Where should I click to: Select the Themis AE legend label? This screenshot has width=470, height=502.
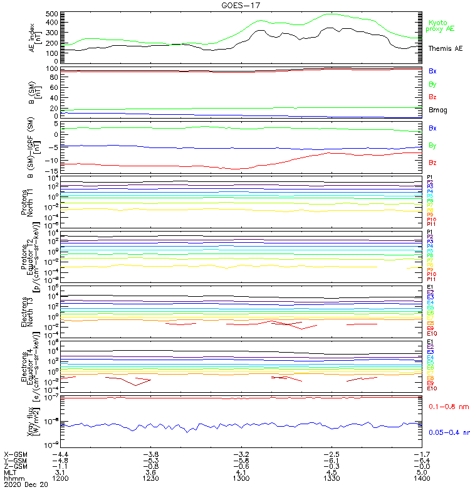(445, 48)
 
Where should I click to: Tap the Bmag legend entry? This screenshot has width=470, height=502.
(437, 110)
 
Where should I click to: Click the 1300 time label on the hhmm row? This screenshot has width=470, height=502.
(242, 478)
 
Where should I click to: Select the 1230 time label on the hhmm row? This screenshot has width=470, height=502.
(151, 478)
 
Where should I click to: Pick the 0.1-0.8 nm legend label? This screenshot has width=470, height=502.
(448, 407)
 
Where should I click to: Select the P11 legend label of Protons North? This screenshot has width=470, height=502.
(431, 224)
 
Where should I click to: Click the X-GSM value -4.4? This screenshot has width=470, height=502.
(60, 454)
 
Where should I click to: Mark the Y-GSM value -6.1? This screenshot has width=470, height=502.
(332, 460)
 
